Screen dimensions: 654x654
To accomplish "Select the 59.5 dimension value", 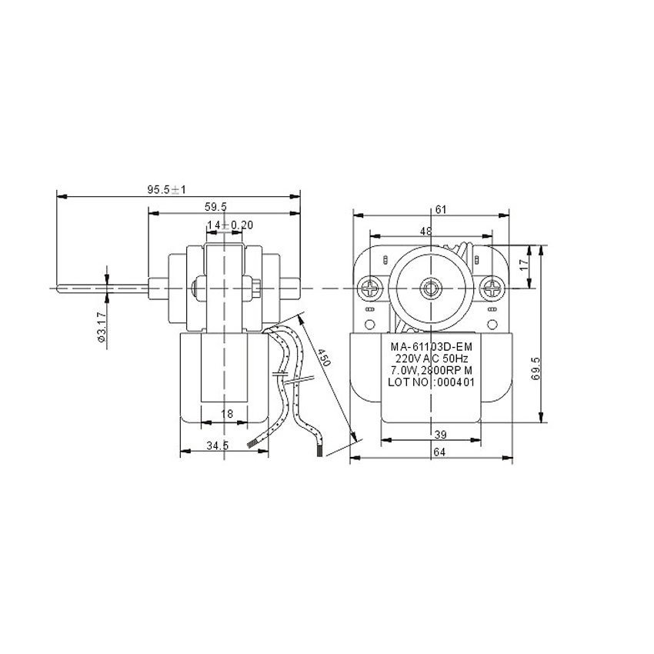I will click(x=215, y=206).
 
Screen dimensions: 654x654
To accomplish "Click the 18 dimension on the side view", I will click(x=227, y=414).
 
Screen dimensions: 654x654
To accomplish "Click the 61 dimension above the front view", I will click(x=440, y=208).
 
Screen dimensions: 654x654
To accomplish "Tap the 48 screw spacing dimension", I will click(x=425, y=231).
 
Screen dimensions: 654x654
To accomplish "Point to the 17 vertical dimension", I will click(x=524, y=264).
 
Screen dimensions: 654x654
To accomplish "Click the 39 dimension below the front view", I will click(x=439, y=435).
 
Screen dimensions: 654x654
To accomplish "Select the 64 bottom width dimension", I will click(x=439, y=452).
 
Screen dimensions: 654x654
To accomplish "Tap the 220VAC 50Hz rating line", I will click(x=431, y=359).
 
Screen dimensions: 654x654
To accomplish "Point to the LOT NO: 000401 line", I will click(x=431, y=380).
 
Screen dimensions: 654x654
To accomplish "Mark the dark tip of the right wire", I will click(x=320, y=454).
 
